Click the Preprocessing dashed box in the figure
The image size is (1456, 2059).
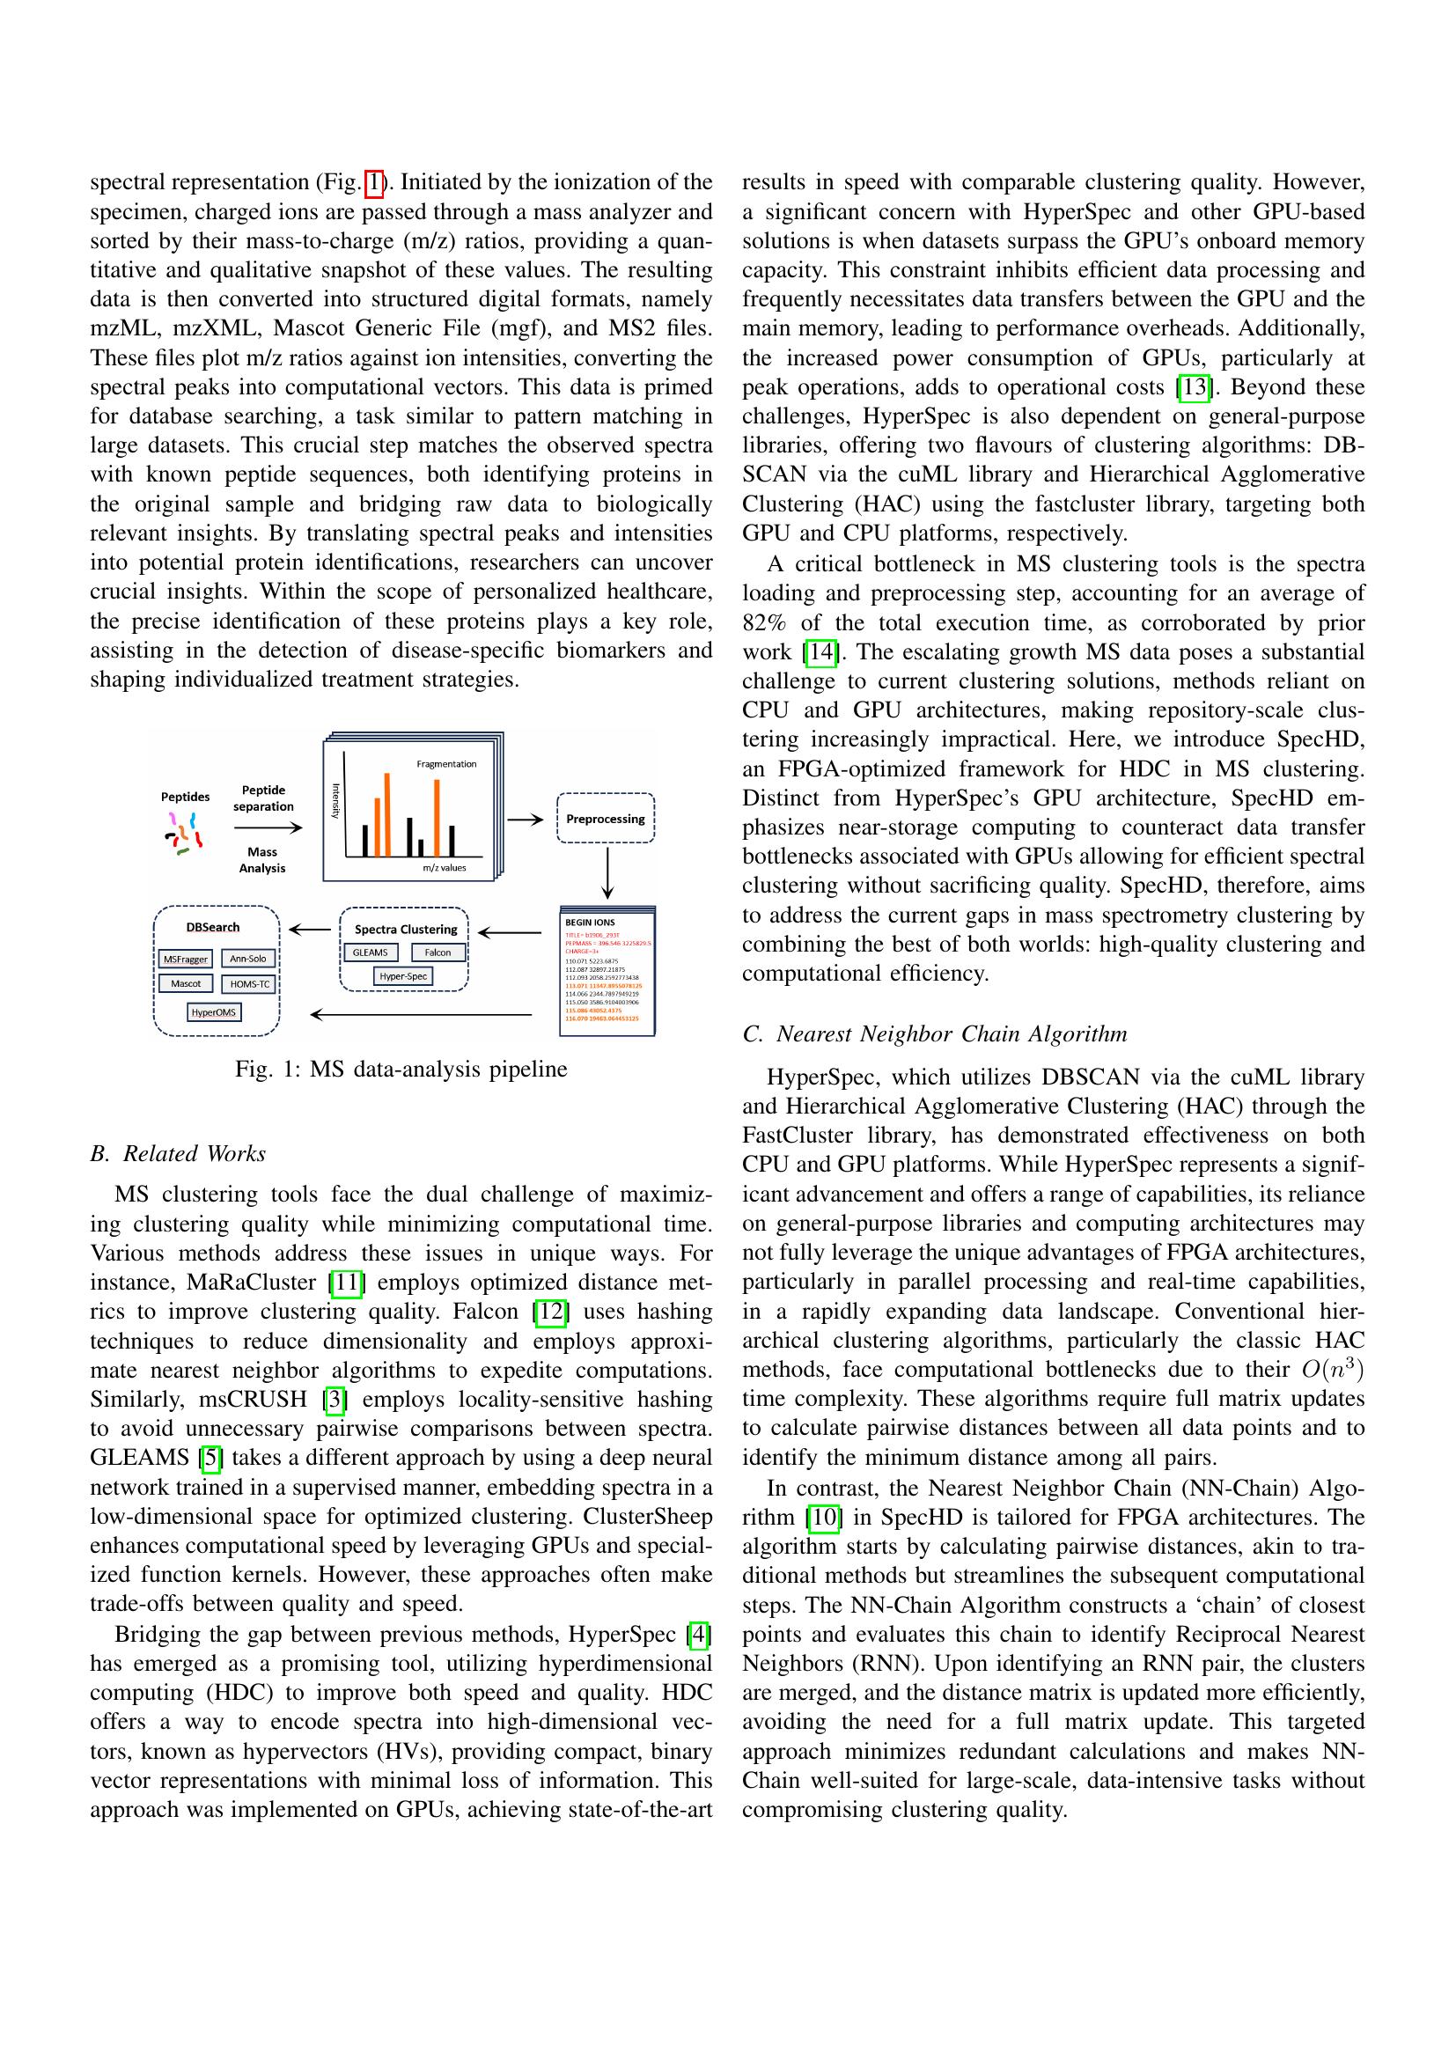[605, 818]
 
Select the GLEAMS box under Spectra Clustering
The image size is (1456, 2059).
[371, 952]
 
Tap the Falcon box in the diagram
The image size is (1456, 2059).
[438, 952]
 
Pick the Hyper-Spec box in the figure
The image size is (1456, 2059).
[402, 975]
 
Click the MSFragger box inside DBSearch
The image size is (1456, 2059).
[186, 959]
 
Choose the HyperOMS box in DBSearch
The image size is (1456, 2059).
[213, 1012]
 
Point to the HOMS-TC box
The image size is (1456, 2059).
[249, 984]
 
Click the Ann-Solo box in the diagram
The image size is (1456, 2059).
[247, 958]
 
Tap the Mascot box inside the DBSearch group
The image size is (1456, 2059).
[186, 983]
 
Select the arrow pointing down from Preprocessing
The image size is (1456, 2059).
[608, 871]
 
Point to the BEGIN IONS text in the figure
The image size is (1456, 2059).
[589, 922]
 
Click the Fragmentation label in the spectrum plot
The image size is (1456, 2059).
[446, 764]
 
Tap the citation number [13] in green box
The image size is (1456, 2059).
[1195, 387]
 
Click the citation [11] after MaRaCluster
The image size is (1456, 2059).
[346, 1283]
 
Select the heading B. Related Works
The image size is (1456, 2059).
[178, 1153]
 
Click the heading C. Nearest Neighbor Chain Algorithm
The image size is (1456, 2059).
[934, 1034]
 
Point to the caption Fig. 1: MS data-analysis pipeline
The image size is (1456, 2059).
[401, 1069]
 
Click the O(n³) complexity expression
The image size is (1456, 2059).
[1332, 1370]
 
